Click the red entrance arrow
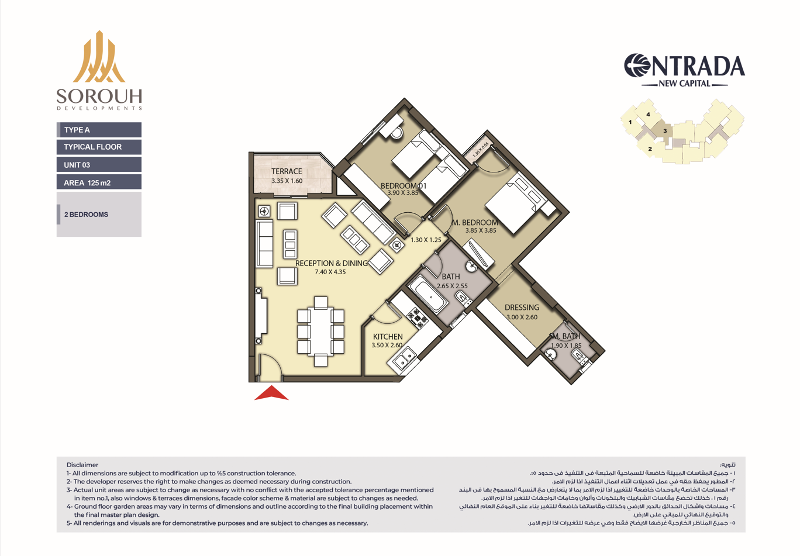271,393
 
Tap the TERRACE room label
287,171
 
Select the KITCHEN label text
388,337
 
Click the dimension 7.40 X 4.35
330,272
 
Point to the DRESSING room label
522,308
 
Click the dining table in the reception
320,331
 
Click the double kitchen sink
404,358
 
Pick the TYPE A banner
99,130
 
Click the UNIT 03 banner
99,165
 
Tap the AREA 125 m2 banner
99,182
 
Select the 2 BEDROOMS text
86,215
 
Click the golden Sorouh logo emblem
99,57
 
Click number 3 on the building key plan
665,131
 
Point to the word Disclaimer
82,465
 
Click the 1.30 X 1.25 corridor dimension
426,240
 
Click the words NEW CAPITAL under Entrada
684,84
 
